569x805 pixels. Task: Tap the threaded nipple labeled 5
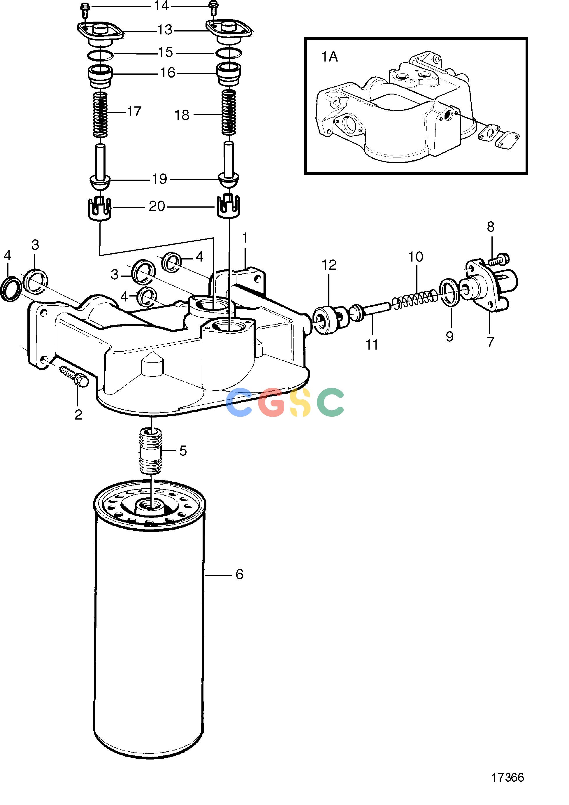(x=151, y=451)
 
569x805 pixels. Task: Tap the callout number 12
(x=329, y=265)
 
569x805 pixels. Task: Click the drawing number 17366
(x=507, y=778)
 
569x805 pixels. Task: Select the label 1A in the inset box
(x=330, y=57)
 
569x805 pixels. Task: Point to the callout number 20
(x=157, y=206)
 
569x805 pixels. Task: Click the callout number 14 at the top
(x=161, y=6)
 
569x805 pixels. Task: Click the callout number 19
(x=159, y=179)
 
